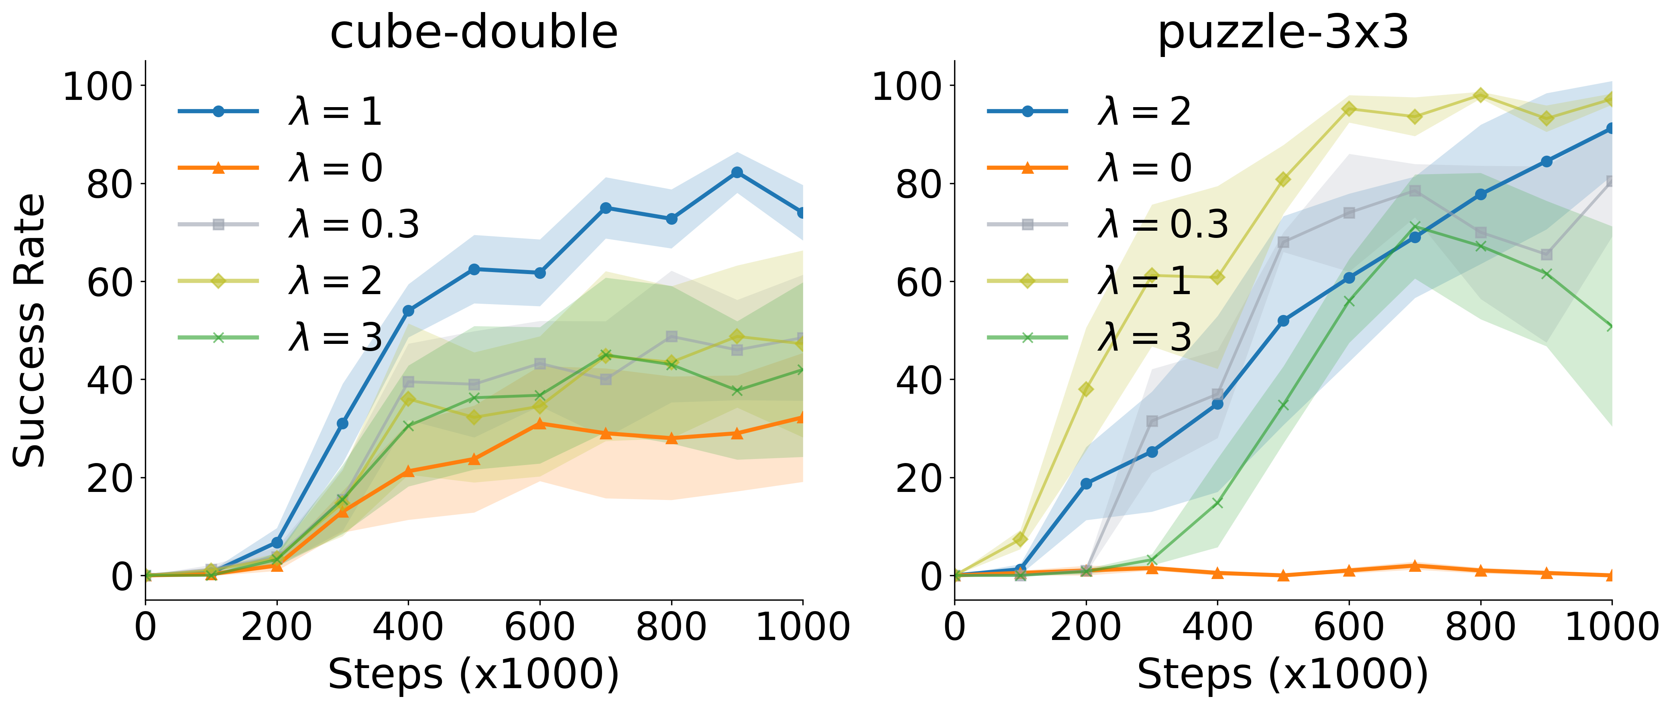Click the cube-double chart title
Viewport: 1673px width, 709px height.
474,33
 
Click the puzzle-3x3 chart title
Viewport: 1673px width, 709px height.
1283,33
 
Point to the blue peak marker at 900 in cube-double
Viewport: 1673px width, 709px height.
737,172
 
